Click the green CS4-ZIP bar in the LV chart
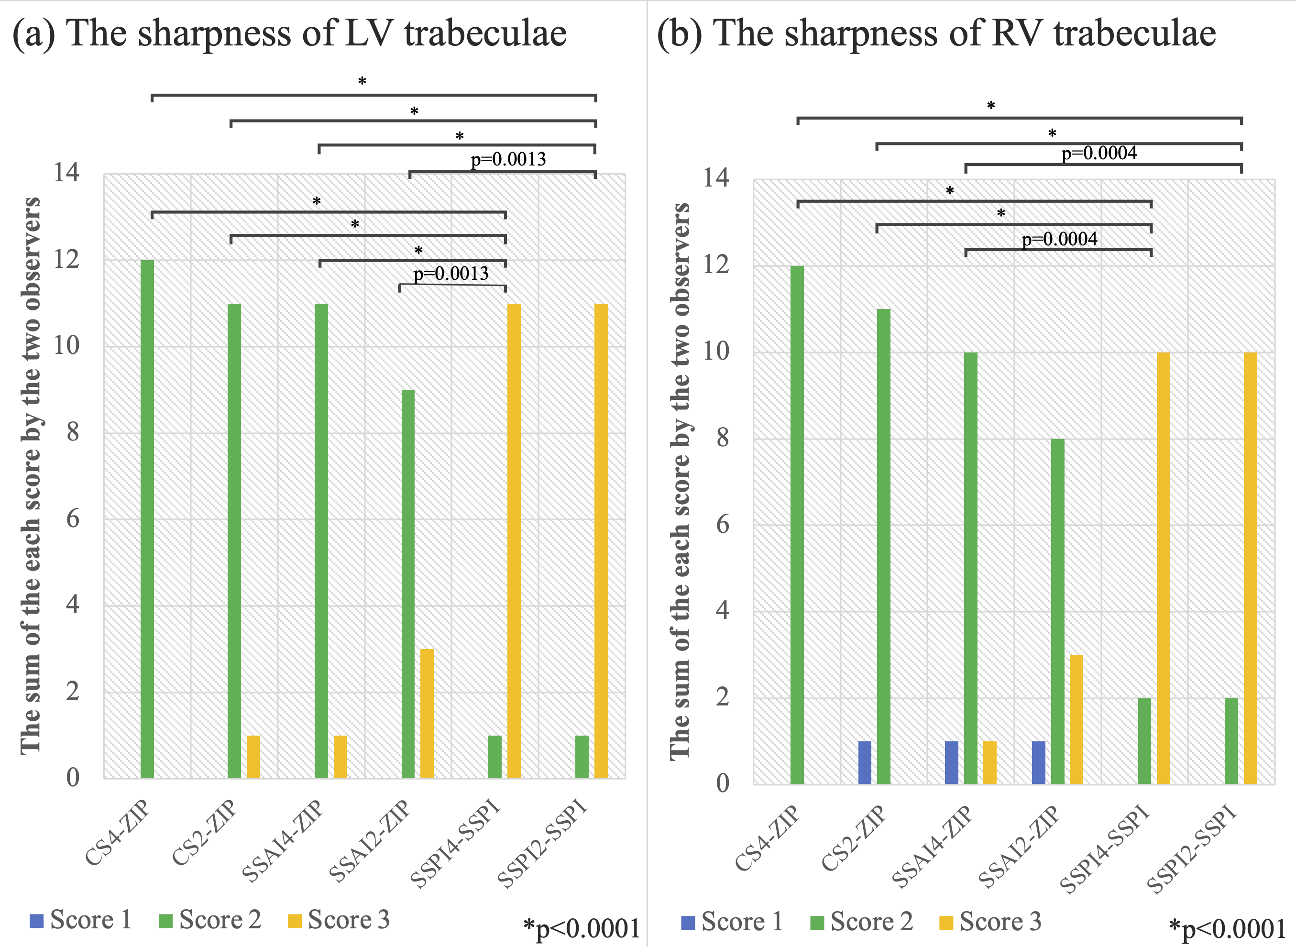tap(147, 519)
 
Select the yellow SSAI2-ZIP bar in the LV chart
tap(427, 713)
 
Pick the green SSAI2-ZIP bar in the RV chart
tap(1057, 611)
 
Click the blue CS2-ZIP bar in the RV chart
tap(865, 762)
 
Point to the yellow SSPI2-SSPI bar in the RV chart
tap(1250, 568)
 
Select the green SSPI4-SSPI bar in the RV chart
tap(1145, 741)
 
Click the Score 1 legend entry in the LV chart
tap(81, 920)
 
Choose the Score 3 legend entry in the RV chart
tap(990, 922)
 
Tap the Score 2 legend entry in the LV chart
tap(210, 920)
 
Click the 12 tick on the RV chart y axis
tap(716, 265)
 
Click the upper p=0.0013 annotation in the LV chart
tap(508, 159)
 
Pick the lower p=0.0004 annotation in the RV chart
tap(1059, 239)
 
